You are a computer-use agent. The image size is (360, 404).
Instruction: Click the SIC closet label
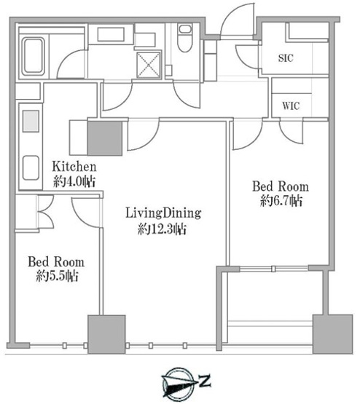(x=286, y=58)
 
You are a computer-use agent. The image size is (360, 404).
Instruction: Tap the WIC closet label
(x=291, y=106)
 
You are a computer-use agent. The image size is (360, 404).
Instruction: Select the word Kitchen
(x=74, y=167)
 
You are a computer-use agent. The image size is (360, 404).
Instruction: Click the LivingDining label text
(x=163, y=213)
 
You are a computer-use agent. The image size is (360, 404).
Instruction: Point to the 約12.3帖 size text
(x=162, y=229)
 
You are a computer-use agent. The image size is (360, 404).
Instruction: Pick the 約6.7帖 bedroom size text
(x=281, y=201)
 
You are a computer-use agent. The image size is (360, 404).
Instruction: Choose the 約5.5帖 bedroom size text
(x=57, y=276)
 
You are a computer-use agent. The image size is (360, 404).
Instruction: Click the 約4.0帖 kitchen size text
(x=74, y=182)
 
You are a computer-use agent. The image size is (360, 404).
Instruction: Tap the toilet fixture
(x=185, y=38)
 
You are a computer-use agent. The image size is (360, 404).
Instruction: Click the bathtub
(x=33, y=56)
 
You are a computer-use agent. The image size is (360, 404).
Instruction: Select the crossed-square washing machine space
(x=149, y=64)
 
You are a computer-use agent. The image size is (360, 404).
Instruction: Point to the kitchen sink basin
(x=31, y=168)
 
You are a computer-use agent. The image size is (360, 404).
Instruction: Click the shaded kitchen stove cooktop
(x=31, y=121)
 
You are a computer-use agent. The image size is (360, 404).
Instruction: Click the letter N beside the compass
(x=205, y=381)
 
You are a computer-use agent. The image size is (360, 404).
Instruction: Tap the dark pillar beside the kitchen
(x=105, y=138)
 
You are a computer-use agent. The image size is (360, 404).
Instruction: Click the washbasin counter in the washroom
(x=111, y=34)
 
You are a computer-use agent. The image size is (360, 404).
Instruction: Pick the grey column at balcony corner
(x=332, y=334)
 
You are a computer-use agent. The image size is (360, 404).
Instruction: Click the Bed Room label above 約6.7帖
(x=281, y=186)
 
